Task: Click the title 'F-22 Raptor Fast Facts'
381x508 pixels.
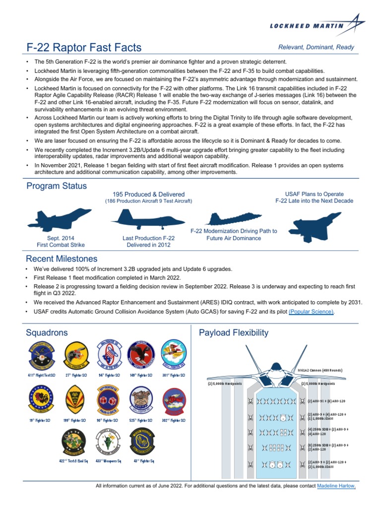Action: coord(84,48)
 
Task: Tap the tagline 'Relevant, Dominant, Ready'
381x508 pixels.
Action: coord(316,48)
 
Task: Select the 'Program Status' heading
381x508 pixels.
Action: coord(56,186)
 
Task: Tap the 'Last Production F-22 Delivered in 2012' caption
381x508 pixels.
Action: coord(149,242)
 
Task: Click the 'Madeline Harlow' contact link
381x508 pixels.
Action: coord(336,486)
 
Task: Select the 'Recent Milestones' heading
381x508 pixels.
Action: coord(62,259)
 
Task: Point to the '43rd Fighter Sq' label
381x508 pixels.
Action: coord(141,461)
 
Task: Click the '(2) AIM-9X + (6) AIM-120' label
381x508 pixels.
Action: coord(326,400)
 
